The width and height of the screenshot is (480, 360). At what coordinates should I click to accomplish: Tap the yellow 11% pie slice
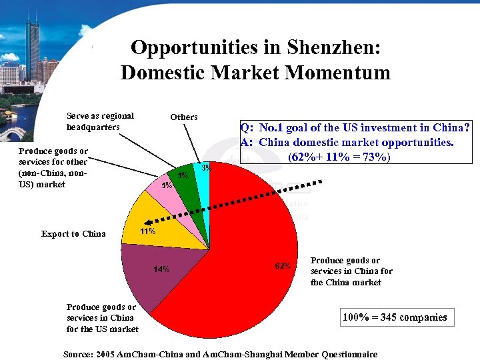pos(147,223)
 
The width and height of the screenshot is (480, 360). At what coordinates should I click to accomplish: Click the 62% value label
pos(283,266)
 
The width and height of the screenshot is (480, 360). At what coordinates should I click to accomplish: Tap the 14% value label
pos(161,269)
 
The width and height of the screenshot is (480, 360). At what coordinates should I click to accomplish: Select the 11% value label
pos(147,232)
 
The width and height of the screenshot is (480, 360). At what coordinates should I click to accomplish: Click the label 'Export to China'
pos(73,233)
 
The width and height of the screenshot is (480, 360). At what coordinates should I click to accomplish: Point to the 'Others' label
pos(184,117)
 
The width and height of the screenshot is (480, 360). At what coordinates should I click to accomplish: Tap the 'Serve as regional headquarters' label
pos(100,121)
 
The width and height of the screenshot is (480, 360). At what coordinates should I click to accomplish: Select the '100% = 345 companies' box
pos(395,317)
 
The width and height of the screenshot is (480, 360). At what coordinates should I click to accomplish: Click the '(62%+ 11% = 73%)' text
pos(339,157)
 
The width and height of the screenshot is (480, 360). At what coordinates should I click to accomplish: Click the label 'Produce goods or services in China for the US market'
pos(101,318)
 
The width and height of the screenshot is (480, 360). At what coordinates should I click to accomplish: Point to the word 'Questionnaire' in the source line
pos(347,354)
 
